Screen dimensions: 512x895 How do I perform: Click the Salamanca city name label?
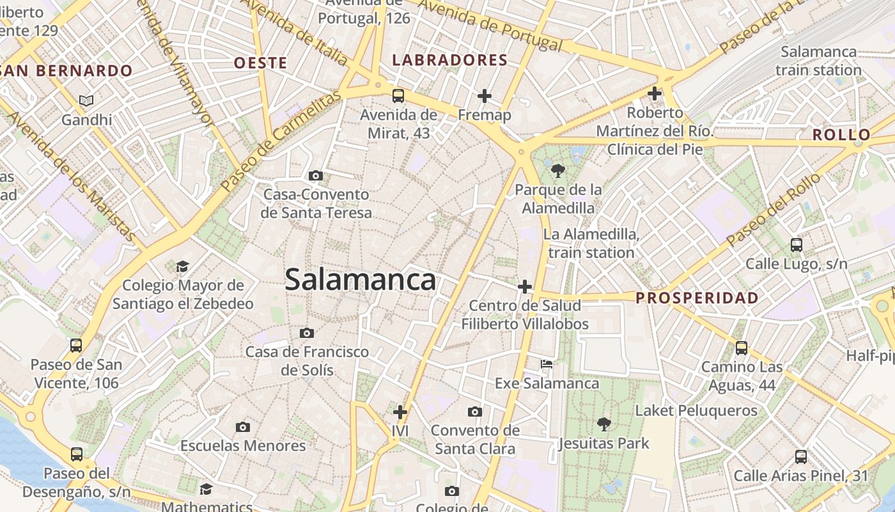(x=361, y=280)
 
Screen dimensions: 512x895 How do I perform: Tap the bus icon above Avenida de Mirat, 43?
(x=398, y=96)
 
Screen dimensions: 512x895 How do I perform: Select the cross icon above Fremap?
(x=485, y=96)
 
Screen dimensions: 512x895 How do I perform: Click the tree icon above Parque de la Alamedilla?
(x=558, y=170)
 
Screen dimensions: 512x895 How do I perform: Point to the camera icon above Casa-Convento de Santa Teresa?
(x=315, y=175)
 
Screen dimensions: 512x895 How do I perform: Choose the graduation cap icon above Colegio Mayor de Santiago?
(x=183, y=266)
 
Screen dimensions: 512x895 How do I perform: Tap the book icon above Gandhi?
(x=86, y=100)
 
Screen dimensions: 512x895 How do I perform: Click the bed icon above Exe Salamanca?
(x=547, y=364)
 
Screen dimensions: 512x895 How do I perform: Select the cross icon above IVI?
(x=400, y=412)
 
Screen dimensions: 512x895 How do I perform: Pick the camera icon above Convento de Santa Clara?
(x=474, y=412)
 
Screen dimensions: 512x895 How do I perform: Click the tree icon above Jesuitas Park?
(x=603, y=424)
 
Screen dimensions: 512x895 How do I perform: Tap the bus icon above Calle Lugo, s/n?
(x=797, y=244)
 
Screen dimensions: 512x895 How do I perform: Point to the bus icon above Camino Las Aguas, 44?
(x=742, y=348)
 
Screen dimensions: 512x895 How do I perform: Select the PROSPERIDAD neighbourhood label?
(x=697, y=298)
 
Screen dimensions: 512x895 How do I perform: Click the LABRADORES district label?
(x=450, y=61)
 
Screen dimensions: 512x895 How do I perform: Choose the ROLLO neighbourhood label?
(x=841, y=135)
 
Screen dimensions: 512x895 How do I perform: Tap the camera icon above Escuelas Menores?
(x=242, y=427)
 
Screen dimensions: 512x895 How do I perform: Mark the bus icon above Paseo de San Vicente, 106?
(x=76, y=346)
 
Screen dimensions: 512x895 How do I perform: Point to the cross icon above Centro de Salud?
(x=525, y=287)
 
